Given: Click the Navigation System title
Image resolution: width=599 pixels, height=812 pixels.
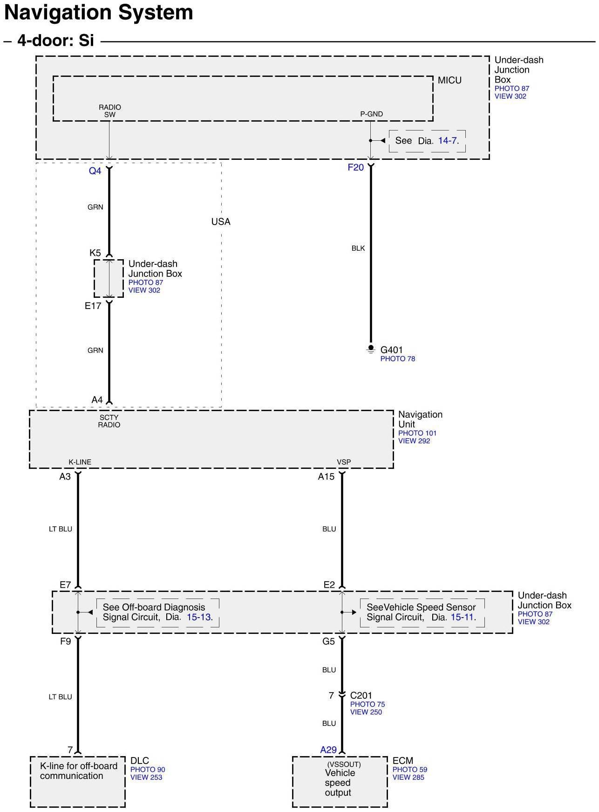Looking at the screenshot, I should pyautogui.click(x=98, y=13).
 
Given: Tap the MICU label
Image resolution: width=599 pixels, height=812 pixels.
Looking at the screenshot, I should pyautogui.click(x=449, y=81).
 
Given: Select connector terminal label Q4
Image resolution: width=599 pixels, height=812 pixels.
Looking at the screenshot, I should pyautogui.click(x=95, y=171).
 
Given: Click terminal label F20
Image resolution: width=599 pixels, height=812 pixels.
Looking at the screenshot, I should pyautogui.click(x=355, y=167).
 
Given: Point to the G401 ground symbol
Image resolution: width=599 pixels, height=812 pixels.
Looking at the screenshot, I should pyautogui.click(x=371, y=349).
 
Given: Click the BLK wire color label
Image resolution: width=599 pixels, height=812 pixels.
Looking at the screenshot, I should pyautogui.click(x=358, y=248).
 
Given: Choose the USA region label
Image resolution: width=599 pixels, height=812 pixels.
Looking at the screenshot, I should pyautogui.click(x=221, y=222).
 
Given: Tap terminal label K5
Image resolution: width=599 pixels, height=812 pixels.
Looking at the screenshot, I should pyautogui.click(x=95, y=253).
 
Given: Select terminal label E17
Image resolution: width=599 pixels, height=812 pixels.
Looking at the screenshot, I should pyautogui.click(x=93, y=306).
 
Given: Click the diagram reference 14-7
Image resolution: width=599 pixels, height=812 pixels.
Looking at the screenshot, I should pyautogui.click(x=448, y=141).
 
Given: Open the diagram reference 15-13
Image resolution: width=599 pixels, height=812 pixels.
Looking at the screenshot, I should pyautogui.click(x=199, y=617).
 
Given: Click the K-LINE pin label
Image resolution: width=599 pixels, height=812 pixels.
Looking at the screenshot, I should pyautogui.click(x=80, y=462).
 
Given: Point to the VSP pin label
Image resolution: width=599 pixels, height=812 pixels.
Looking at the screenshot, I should pyautogui.click(x=344, y=462).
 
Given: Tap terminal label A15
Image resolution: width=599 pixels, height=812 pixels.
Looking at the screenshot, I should pyautogui.click(x=326, y=476).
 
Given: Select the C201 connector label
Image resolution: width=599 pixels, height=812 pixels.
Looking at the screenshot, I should pyautogui.click(x=361, y=695).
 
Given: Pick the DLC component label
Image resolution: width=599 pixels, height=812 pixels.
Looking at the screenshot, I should pyautogui.click(x=139, y=761).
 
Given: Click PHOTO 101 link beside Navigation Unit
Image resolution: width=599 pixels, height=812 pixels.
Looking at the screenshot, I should pyautogui.click(x=417, y=433).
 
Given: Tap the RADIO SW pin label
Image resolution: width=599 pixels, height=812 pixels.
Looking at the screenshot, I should pyautogui.click(x=110, y=111).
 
